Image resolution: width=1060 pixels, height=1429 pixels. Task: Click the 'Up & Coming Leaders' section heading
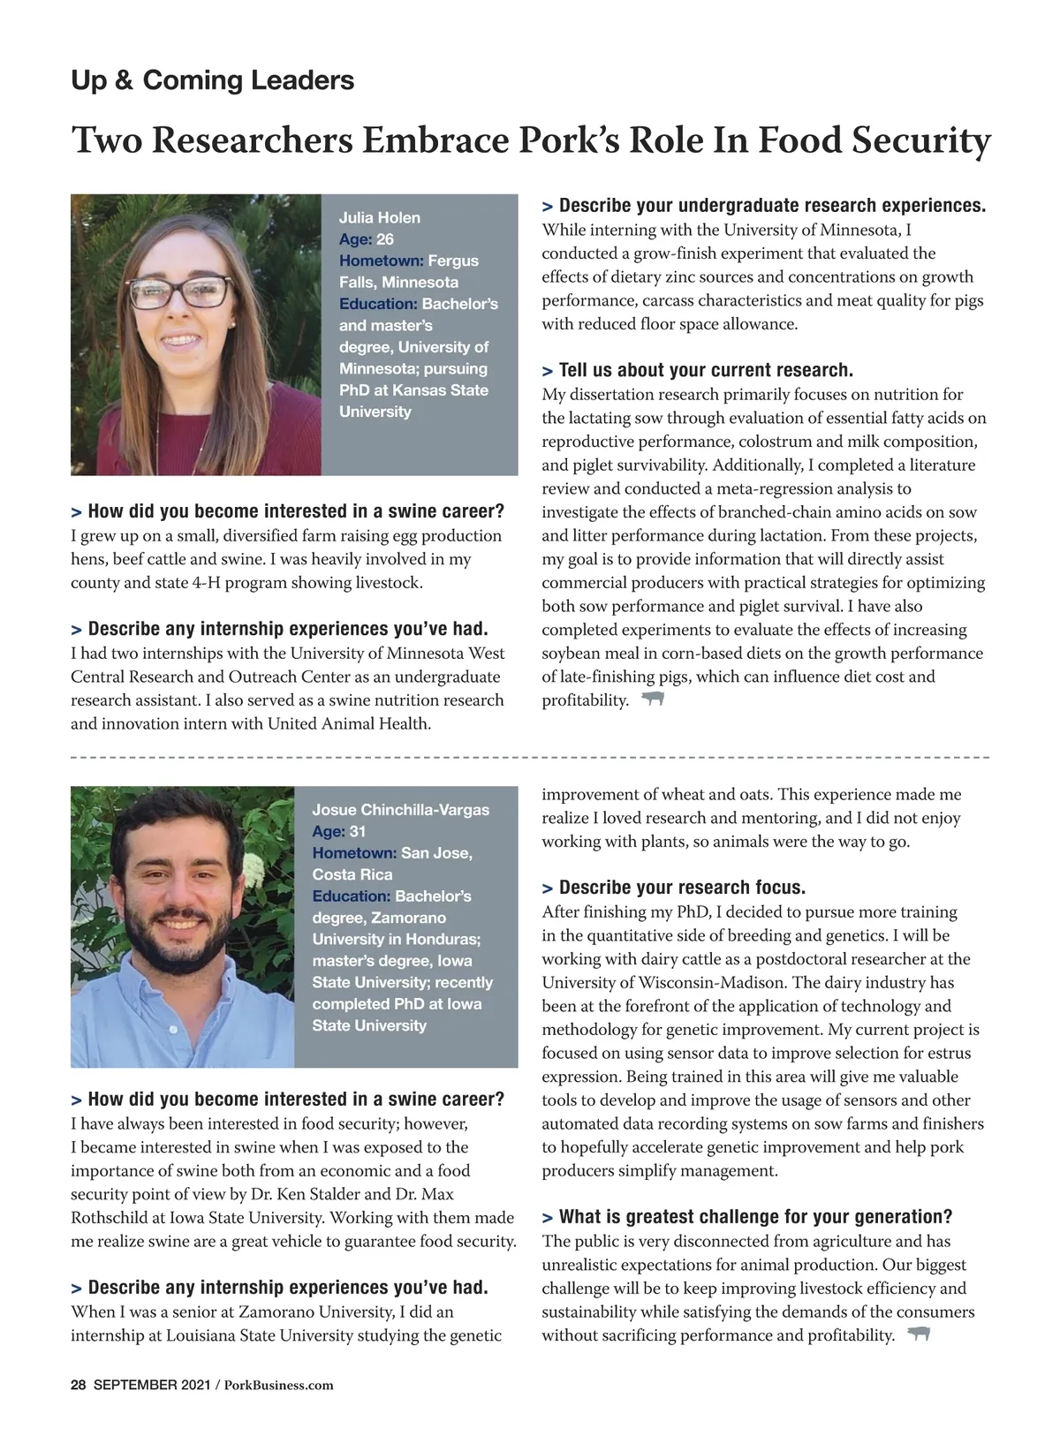212,80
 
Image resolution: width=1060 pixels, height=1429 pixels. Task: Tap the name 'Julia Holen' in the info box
380,217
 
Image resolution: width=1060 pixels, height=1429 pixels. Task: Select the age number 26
385,239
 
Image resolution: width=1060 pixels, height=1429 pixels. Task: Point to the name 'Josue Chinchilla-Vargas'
400,810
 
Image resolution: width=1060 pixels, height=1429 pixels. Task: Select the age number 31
358,831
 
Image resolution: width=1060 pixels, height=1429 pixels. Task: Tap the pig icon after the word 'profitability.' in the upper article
653,699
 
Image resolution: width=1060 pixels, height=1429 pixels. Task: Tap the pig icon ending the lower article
920,1334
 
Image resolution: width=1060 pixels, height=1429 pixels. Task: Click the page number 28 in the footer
78,1385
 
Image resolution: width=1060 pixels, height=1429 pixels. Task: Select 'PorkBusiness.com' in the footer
279,1385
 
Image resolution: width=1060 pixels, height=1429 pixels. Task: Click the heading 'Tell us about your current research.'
705,370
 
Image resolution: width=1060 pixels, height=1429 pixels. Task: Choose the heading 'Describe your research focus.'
681,888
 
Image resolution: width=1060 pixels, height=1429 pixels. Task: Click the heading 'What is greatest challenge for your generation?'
755,1217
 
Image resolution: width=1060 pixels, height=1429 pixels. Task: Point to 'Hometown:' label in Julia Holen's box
382,261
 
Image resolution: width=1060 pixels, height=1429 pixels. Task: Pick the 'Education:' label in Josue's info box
351,896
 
